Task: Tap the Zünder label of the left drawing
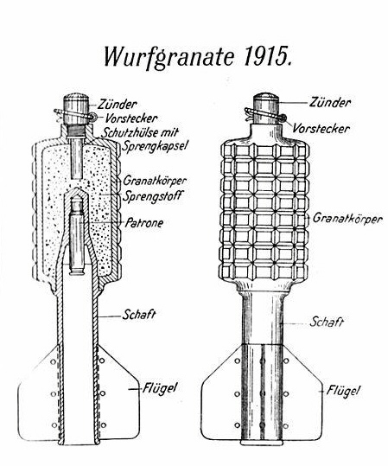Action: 118,105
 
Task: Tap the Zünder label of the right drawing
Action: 330,102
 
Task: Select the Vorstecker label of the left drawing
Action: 131,118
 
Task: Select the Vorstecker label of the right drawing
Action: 321,129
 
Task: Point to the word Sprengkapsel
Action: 154,146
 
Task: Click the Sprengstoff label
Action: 152,196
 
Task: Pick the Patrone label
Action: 144,223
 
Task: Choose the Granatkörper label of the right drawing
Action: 347,219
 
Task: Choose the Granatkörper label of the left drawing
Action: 155,181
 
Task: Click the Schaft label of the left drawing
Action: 139,315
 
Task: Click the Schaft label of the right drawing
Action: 327,322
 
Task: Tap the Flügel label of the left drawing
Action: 160,388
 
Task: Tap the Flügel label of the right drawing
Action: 343,390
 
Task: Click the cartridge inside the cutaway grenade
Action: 77,238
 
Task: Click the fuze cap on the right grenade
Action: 266,108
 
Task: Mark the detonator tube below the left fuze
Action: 77,158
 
